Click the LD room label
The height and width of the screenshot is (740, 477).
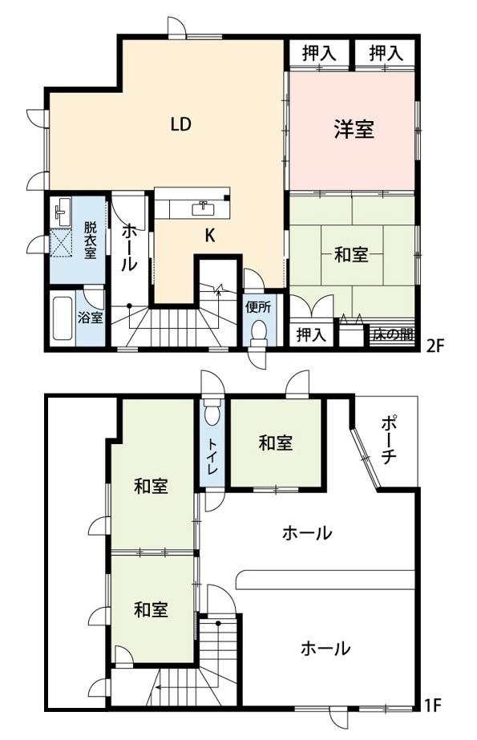coord(180,124)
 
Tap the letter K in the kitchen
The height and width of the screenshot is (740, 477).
coord(209,236)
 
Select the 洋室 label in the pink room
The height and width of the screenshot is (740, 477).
coord(354,130)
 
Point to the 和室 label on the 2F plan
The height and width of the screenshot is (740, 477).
coord(350,256)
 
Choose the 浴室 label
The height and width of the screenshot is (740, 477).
coord(90,317)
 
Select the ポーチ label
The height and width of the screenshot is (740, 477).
coord(389,441)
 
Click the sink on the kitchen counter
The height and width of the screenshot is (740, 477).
coord(204,208)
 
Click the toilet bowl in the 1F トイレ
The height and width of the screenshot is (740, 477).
coord(212,414)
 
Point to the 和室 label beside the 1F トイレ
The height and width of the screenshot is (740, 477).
coord(275,443)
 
